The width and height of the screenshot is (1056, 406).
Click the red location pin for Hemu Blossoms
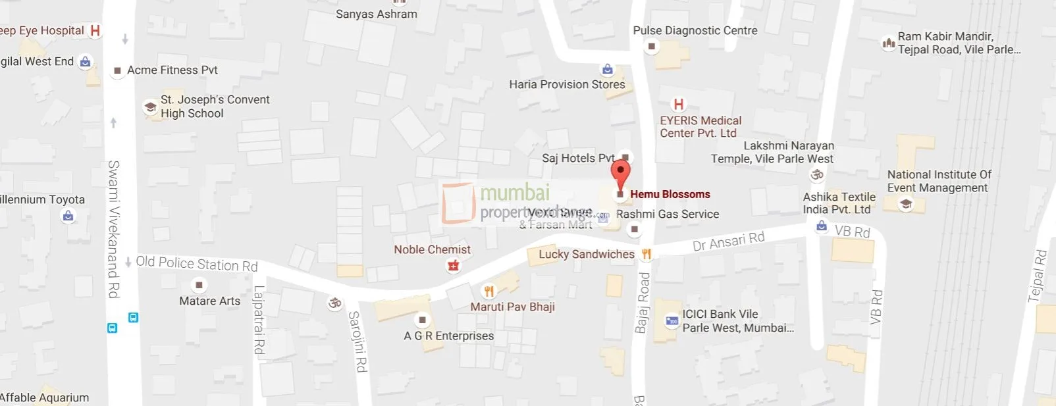(x=620, y=172)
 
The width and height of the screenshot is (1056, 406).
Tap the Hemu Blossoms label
(x=670, y=194)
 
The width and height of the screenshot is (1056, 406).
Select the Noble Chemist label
(x=432, y=249)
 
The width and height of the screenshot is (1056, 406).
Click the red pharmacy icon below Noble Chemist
(x=453, y=265)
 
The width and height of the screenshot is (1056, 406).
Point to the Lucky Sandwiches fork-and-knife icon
(x=647, y=254)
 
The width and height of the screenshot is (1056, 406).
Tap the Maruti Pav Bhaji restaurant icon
(x=488, y=291)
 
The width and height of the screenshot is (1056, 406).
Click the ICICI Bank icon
(x=672, y=320)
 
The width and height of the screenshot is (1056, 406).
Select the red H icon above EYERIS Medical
(x=678, y=104)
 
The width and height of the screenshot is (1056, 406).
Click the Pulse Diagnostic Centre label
(x=695, y=30)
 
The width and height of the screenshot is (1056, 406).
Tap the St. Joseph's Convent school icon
(x=150, y=107)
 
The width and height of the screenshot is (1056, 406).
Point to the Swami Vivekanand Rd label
(x=114, y=228)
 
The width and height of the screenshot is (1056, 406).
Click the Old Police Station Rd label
(x=196, y=263)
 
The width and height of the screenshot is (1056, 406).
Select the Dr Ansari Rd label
(x=728, y=241)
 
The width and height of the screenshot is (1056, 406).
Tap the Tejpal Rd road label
(x=1037, y=276)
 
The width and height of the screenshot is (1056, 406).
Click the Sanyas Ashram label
(x=376, y=14)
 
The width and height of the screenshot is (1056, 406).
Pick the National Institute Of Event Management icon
(x=906, y=204)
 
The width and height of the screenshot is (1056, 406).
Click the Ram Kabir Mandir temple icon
(x=888, y=43)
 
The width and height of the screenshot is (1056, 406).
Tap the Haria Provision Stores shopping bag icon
(x=607, y=69)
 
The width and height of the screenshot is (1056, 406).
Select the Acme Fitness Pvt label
(x=172, y=70)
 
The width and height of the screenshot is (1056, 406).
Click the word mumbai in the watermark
(x=515, y=193)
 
